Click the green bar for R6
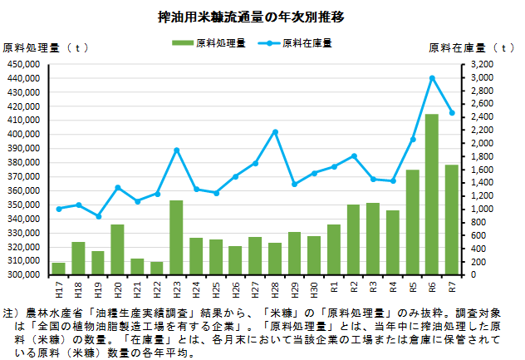pos(432,195)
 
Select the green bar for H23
pos(176,238)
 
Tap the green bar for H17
pos(59,269)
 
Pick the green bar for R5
pos(413,222)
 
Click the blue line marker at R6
pos(432,78)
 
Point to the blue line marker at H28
pos(275,132)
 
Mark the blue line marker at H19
pos(98,216)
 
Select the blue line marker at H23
pos(177,150)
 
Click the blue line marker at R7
pos(452,113)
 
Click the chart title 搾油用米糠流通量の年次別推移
pos(251,17)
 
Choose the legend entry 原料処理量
pos(209,43)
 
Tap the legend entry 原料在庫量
pos(295,43)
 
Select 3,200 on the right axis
pos(482,64)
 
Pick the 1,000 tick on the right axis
pos(482,210)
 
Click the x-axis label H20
pos(117,289)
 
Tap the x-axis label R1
pos(334,288)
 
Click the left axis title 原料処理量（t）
pos(46,48)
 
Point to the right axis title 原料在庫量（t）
pos(472,48)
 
